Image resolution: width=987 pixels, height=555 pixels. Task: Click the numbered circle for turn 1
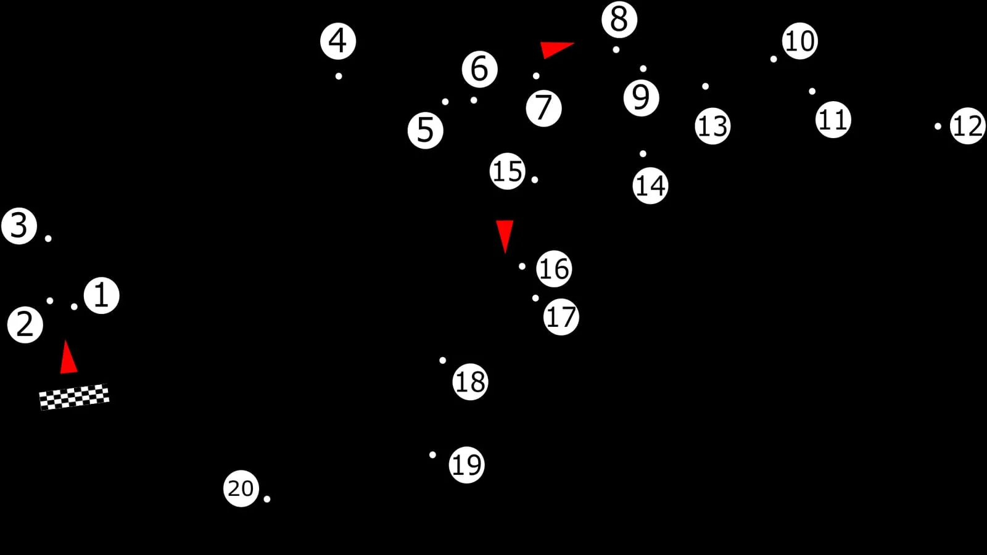pos(101,295)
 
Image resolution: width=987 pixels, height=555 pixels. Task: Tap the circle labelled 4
pos(338,41)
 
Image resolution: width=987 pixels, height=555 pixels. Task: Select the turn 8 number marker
pos(619,20)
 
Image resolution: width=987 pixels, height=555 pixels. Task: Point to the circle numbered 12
pos(968,126)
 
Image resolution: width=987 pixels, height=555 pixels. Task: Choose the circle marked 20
pos(241,488)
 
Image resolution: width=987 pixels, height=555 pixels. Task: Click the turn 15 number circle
pos(507,171)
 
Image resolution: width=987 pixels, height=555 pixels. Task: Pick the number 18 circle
pos(470,382)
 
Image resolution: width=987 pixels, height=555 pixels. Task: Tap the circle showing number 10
pos(799,41)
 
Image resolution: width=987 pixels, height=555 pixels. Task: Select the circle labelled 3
pos(19,226)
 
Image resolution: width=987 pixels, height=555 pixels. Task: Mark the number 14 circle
pos(650,186)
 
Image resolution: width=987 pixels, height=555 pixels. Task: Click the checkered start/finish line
pos(74,397)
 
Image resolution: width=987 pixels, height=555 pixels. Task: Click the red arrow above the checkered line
pos(68,357)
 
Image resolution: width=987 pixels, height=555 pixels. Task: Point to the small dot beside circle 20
pos(267,499)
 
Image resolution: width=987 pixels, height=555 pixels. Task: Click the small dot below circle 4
pos(339,76)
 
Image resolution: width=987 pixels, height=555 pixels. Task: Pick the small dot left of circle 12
pos(938,126)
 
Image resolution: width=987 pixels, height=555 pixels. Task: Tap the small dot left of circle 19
pos(432,454)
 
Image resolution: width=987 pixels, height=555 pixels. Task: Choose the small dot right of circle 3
pos(48,239)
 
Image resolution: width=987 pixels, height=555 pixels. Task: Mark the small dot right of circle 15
pos(534,179)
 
